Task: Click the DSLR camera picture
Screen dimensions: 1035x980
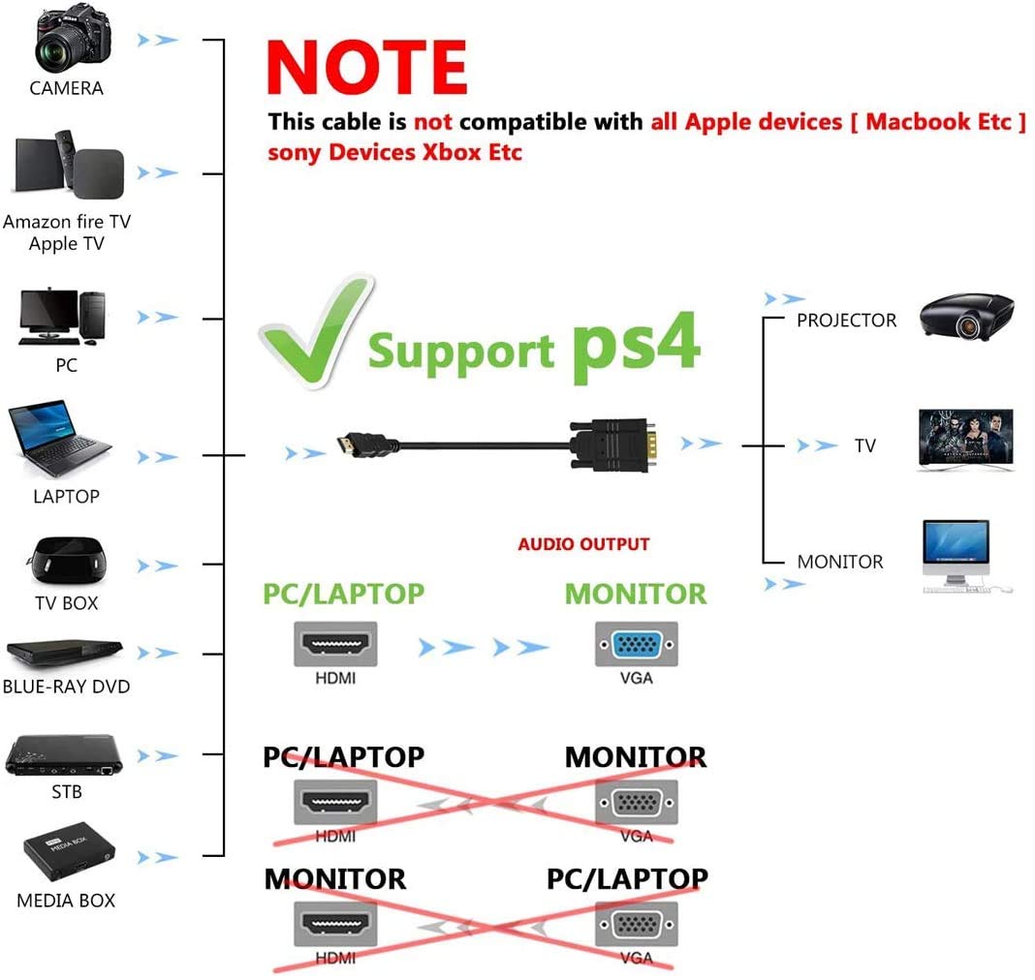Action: tap(73, 37)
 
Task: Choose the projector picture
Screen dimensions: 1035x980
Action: tap(967, 317)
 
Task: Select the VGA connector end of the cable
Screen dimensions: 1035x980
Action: tap(613, 444)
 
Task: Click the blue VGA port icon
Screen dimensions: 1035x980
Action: tap(637, 644)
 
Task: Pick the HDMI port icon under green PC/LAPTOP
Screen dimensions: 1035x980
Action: tap(335, 644)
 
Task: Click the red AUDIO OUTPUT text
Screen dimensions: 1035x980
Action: tap(583, 544)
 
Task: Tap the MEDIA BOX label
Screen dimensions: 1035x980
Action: tap(66, 901)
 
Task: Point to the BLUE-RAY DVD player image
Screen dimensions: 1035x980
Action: tap(64, 653)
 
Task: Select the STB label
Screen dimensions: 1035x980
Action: tap(67, 791)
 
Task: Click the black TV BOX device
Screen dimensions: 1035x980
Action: tap(66, 561)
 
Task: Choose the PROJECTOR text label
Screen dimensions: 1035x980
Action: tap(846, 321)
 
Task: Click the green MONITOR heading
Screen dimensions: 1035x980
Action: tap(636, 594)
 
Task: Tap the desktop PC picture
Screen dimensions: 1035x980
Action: tap(62, 317)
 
